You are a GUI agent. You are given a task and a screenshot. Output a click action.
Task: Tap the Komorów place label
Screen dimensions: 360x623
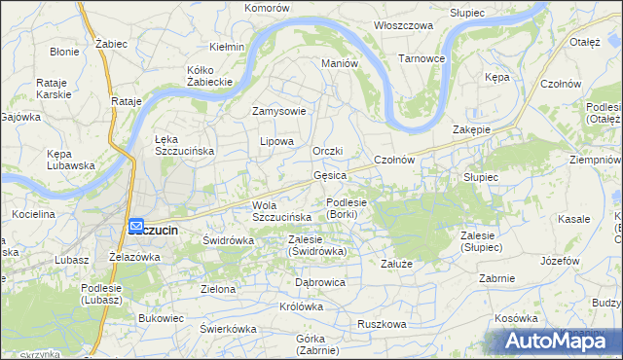point(268,8)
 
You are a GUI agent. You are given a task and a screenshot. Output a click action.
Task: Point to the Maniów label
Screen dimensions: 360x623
point(341,63)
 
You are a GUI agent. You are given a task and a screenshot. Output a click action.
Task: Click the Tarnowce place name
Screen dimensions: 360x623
point(421,58)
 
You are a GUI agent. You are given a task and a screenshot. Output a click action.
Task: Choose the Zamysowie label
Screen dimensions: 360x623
point(279,111)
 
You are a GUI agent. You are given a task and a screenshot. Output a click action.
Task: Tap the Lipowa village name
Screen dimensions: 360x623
point(276,141)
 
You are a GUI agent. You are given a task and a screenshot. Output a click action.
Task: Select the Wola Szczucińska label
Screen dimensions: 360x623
point(281,211)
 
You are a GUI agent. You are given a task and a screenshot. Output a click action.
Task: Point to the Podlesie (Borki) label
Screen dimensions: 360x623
point(347,208)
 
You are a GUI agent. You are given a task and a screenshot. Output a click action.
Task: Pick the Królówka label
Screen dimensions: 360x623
point(301,306)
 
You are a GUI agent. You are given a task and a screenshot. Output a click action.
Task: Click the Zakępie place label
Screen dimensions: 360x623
point(471,130)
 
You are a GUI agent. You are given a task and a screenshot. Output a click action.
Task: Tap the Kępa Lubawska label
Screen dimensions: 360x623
point(71,160)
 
